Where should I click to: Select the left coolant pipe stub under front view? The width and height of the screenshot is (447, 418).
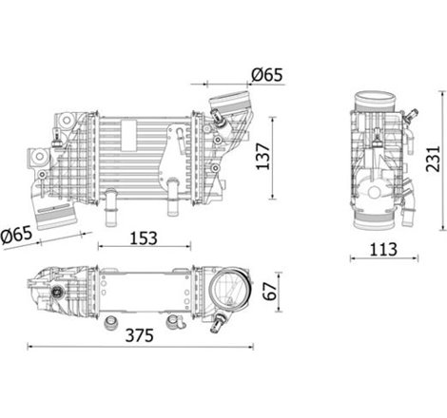click(110, 201)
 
